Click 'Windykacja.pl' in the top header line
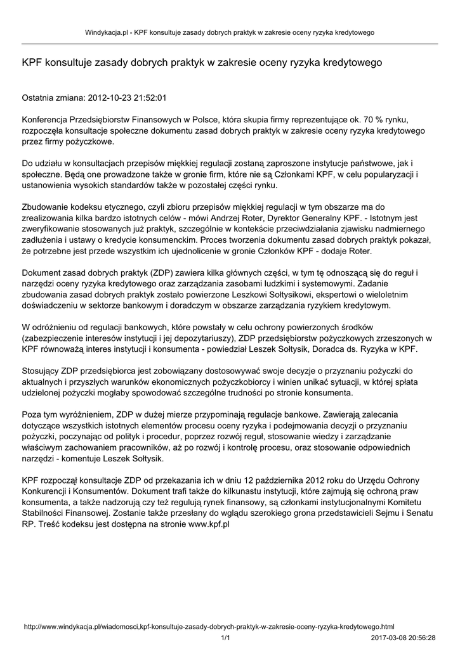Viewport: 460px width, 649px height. tap(107, 32)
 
